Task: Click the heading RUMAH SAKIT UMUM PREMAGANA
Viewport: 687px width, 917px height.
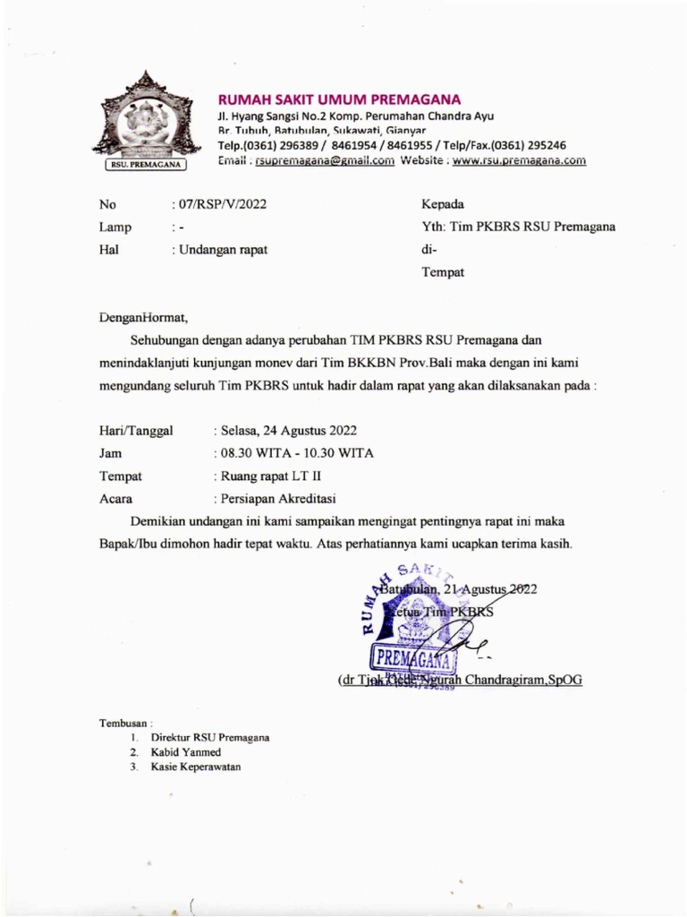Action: tap(340, 99)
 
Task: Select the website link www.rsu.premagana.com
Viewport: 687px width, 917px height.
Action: tap(519, 161)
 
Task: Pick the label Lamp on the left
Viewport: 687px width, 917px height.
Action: tap(115, 227)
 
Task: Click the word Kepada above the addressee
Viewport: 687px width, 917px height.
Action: tap(442, 204)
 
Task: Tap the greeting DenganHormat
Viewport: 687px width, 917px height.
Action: tap(144, 316)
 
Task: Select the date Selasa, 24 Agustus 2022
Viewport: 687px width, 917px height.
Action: tap(289, 431)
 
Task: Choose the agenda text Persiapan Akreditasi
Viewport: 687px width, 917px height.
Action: tap(277, 499)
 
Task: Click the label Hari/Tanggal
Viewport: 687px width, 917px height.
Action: tap(137, 431)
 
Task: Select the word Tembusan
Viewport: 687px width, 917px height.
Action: tap(124, 722)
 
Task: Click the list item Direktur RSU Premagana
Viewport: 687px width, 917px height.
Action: tap(210, 737)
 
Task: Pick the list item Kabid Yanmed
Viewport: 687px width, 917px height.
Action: tap(187, 752)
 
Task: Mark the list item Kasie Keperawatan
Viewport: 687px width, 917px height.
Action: tap(195, 767)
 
